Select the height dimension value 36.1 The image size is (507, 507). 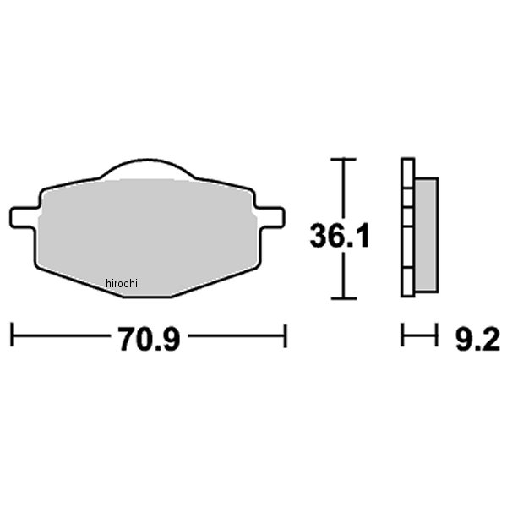(x=340, y=235)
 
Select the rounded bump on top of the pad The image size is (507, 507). (x=148, y=169)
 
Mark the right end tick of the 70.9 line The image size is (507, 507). (x=286, y=335)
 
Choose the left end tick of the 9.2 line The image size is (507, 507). (x=402, y=335)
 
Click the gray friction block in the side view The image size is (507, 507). (x=428, y=234)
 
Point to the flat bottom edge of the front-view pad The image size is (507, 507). (x=148, y=296)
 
